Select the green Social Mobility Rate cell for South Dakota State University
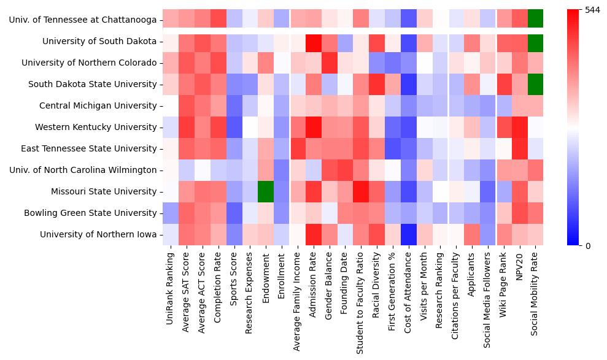[x=535, y=84]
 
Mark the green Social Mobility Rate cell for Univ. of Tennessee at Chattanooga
[x=535, y=20]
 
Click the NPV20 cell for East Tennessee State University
[x=519, y=148]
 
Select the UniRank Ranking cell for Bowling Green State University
[x=170, y=213]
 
